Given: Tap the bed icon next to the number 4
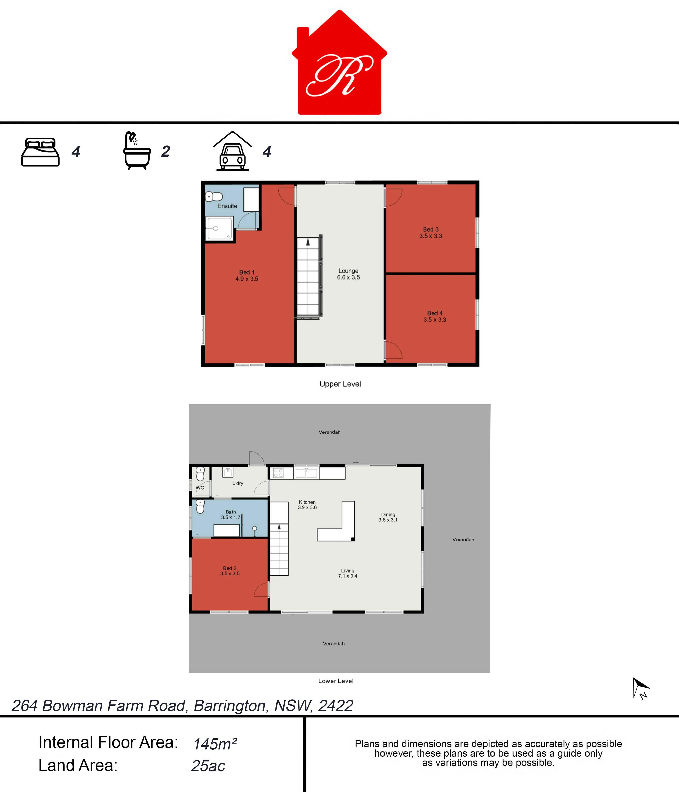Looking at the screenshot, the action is pyautogui.click(x=40, y=152).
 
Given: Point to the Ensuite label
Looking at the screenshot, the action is pyautogui.click(x=227, y=206).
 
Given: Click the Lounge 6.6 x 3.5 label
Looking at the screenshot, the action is pyautogui.click(x=348, y=274).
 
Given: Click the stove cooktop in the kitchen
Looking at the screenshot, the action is pyautogui.click(x=278, y=473).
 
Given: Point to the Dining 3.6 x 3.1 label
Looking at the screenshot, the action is pyautogui.click(x=388, y=517).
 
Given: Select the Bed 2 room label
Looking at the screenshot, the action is pyautogui.click(x=230, y=571).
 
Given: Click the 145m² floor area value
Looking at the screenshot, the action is pyautogui.click(x=215, y=744).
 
